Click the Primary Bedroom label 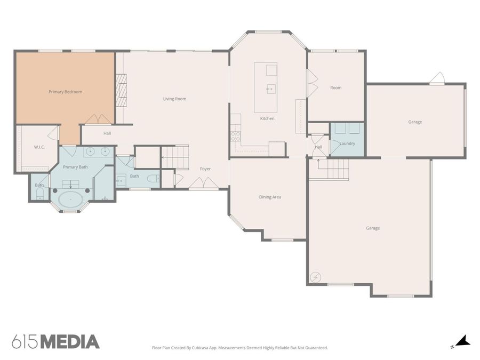65,92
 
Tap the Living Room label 174,99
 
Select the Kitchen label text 267,118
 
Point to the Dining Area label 270,197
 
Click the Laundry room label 347,143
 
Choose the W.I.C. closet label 39,147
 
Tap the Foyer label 205,169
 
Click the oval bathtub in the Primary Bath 71,199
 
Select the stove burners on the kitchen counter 235,136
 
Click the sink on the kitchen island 271,89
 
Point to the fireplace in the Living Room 121,90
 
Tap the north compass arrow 463,341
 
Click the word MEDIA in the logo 70,342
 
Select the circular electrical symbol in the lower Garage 315,277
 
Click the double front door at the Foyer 203,183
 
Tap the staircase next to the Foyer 175,157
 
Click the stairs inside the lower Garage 333,169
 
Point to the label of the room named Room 336,88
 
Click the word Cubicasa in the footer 201,348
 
